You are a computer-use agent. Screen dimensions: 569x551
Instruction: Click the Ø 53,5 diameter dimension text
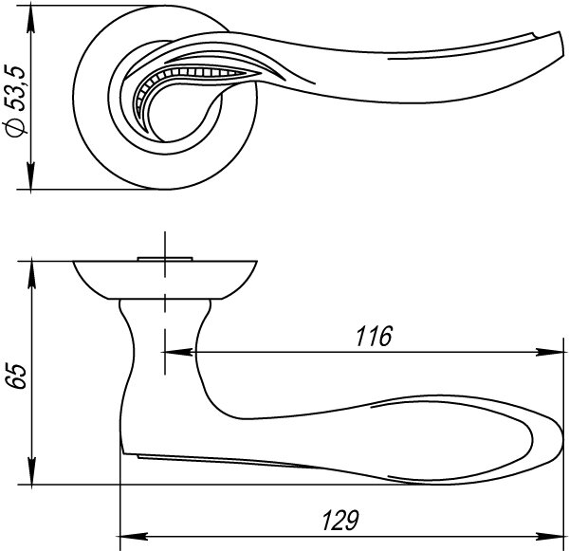tap(15, 101)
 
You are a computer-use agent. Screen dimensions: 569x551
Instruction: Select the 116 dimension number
tap(374, 336)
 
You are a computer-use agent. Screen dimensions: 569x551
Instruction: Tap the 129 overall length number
tap(340, 520)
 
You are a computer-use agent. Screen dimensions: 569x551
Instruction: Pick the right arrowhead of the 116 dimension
tap(550, 352)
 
